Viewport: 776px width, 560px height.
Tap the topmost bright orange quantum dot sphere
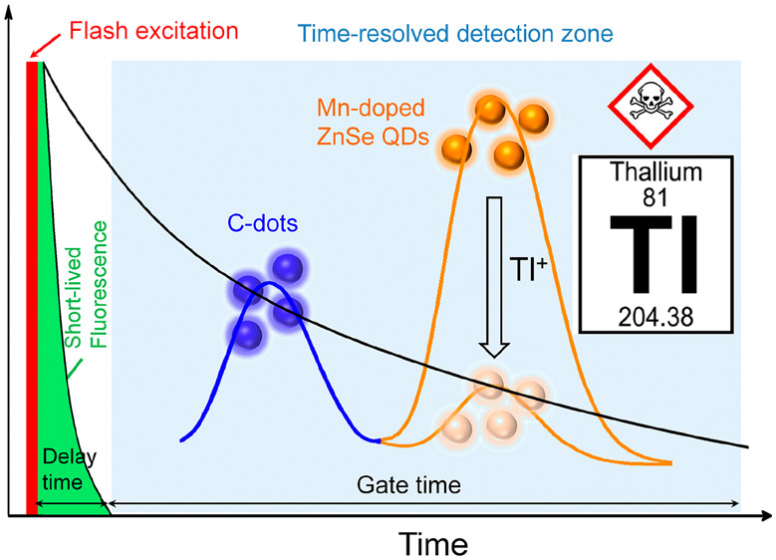[x=490, y=110]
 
